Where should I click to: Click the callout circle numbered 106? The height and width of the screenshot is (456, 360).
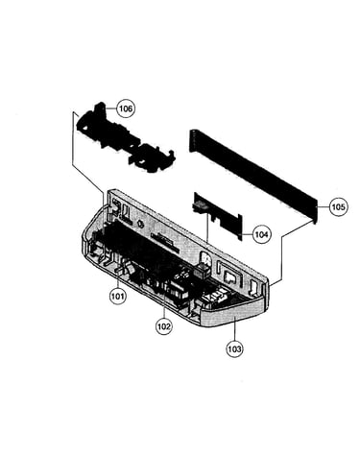click(x=125, y=108)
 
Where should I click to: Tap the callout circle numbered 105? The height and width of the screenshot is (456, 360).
click(x=338, y=207)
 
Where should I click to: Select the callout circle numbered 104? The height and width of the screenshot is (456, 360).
click(x=261, y=234)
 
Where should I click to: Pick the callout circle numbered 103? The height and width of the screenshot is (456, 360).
click(x=234, y=348)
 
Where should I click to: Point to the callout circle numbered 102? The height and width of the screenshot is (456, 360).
click(x=163, y=326)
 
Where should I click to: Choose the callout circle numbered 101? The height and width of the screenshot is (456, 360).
click(x=117, y=296)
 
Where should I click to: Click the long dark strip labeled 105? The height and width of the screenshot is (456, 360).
click(x=252, y=176)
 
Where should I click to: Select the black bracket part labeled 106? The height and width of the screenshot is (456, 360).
click(x=125, y=138)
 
